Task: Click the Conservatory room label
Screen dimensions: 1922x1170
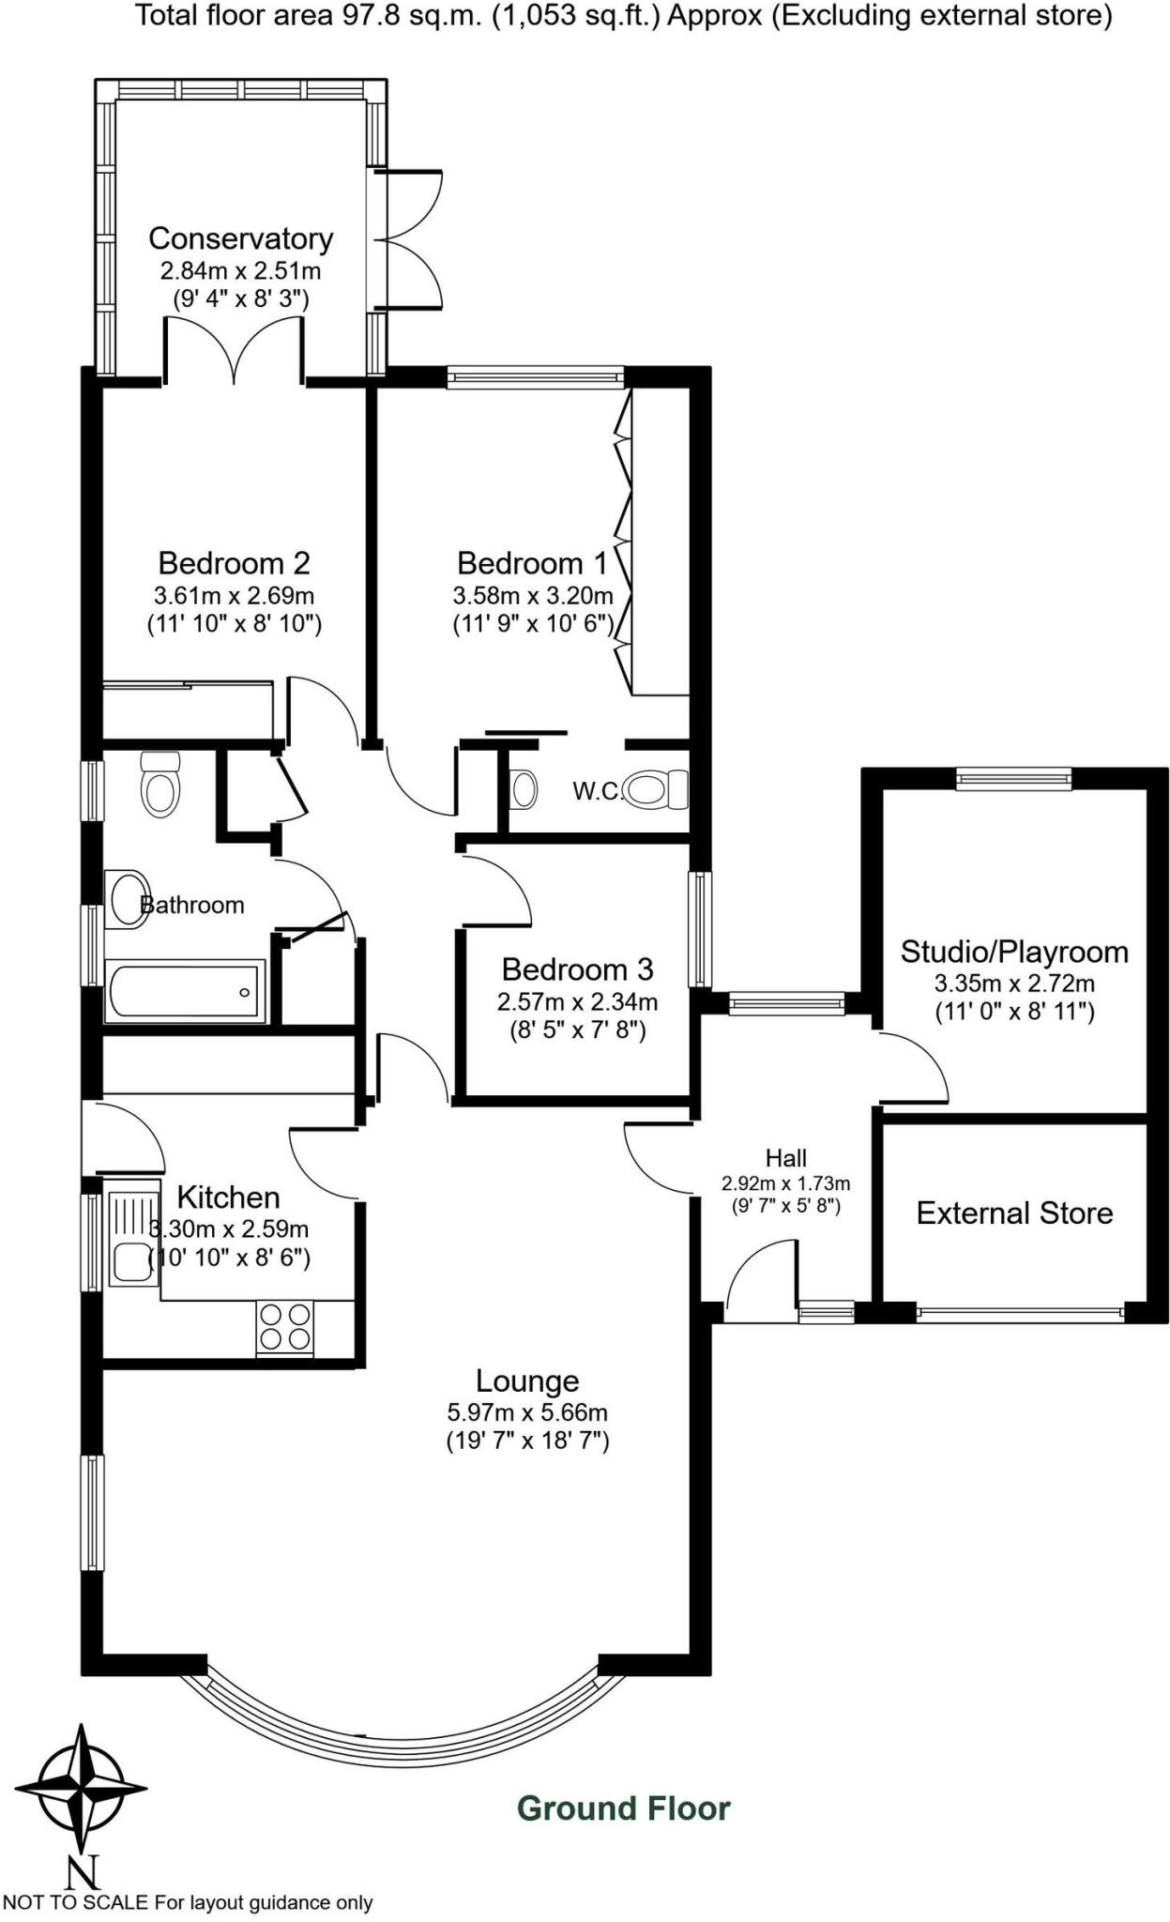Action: [240, 238]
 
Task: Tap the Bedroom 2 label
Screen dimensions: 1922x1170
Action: [234, 563]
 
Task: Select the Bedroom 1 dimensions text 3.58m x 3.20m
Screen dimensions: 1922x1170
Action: [533, 595]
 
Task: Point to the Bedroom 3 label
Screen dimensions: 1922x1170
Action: [577, 969]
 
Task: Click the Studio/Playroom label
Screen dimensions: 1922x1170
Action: [1014, 952]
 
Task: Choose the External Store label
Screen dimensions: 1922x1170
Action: [1014, 1213]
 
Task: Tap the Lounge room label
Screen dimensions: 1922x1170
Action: [527, 1380]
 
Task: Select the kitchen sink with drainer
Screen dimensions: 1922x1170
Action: [129, 1238]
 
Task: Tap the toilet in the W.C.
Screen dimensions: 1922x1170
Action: [657, 789]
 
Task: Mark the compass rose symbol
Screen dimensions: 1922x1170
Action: [82, 1788]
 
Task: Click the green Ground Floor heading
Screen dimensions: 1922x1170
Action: [623, 1808]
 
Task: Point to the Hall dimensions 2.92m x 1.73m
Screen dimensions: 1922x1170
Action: [785, 1183]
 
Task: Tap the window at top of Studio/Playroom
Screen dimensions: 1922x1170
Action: [1013, 778]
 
